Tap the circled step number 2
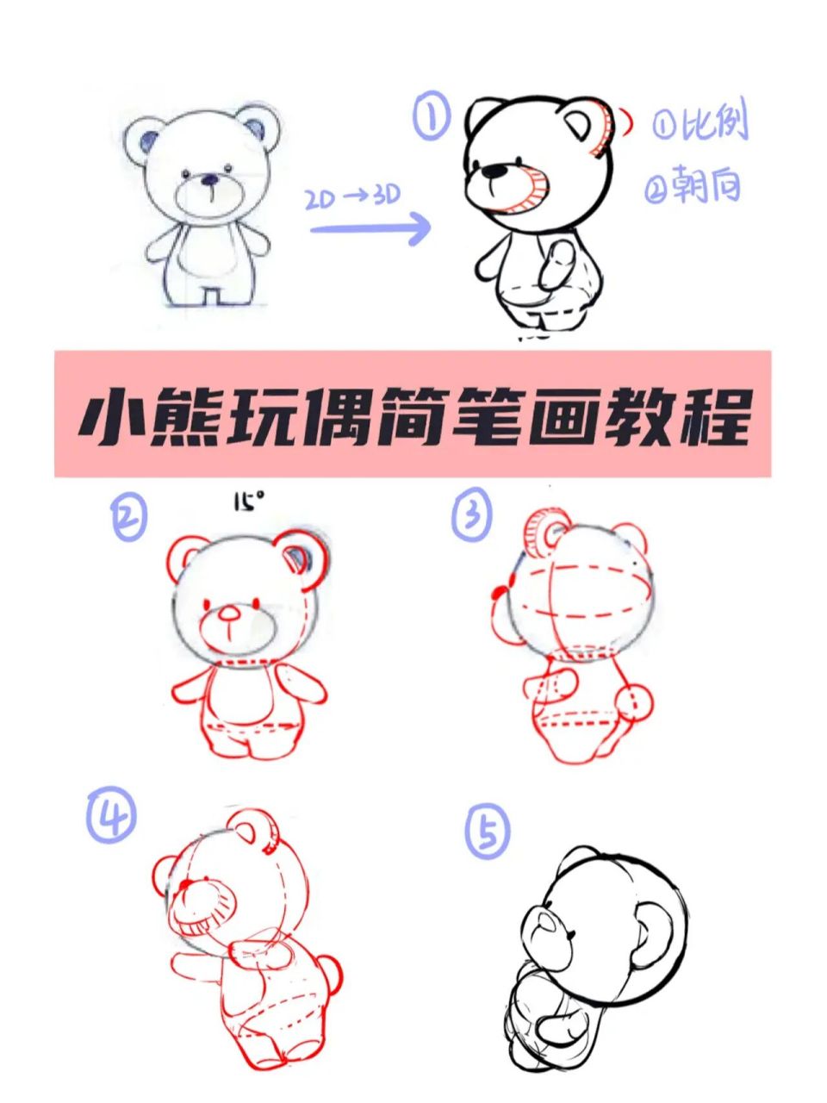128,517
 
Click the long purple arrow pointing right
370,228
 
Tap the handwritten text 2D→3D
353,197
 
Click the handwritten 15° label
247,501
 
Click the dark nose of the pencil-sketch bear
210,179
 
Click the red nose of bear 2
230,614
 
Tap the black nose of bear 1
494,171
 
